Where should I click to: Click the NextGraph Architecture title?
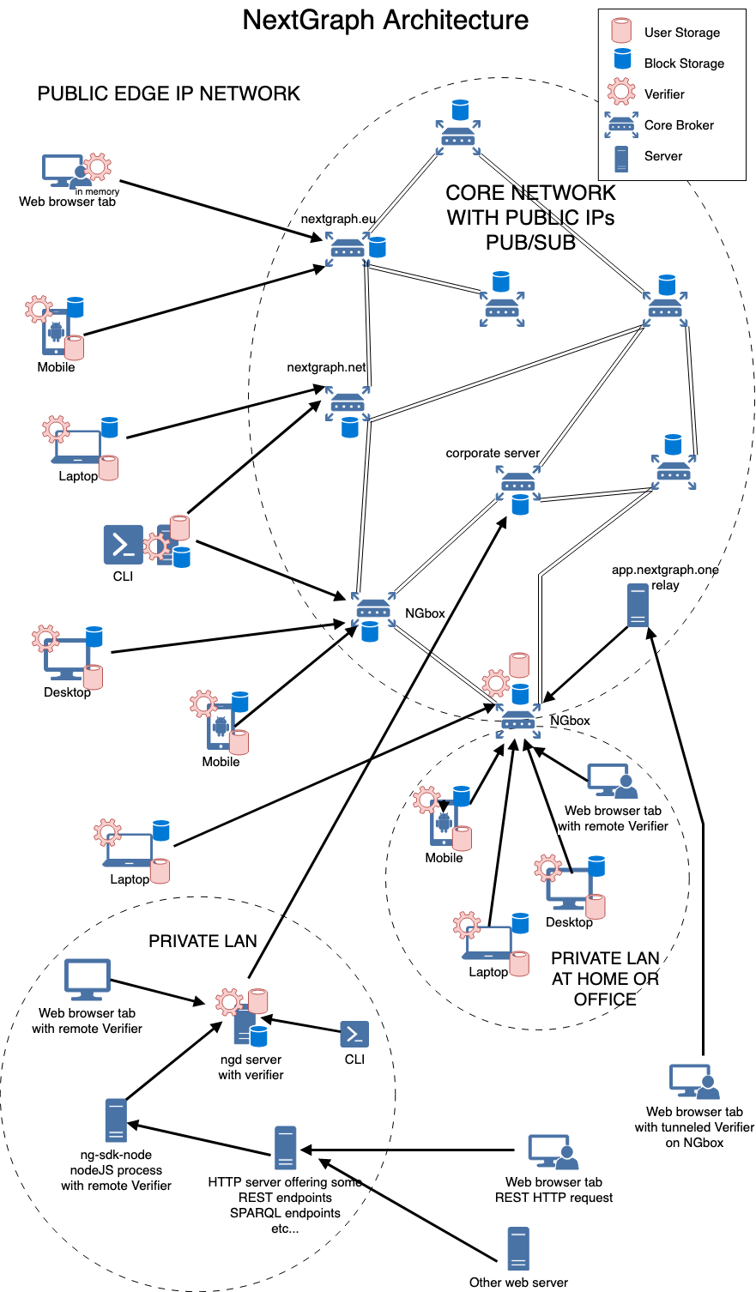[385, 21]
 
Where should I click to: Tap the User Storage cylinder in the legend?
[621, 30]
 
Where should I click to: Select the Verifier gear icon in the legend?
[621, 92]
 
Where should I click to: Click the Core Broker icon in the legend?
[621, 124]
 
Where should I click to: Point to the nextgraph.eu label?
[338, 219]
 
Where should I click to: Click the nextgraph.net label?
[326, 367]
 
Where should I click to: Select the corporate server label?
[493, 453]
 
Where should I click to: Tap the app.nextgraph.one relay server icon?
[638, 605]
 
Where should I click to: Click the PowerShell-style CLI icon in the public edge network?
[124, 545]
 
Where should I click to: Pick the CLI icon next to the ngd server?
[354, 1034]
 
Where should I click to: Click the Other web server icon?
[518, 1249]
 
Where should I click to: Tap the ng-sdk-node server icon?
[116, 1120]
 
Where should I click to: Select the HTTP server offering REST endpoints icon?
[285, 1148]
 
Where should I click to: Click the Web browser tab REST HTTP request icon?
[553, 1152]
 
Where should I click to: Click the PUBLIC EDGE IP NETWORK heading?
[168, 94]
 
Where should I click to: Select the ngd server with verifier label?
[251, 1067]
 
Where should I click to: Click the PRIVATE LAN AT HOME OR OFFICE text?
[605, 979]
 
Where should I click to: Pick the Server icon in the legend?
[621, 159]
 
